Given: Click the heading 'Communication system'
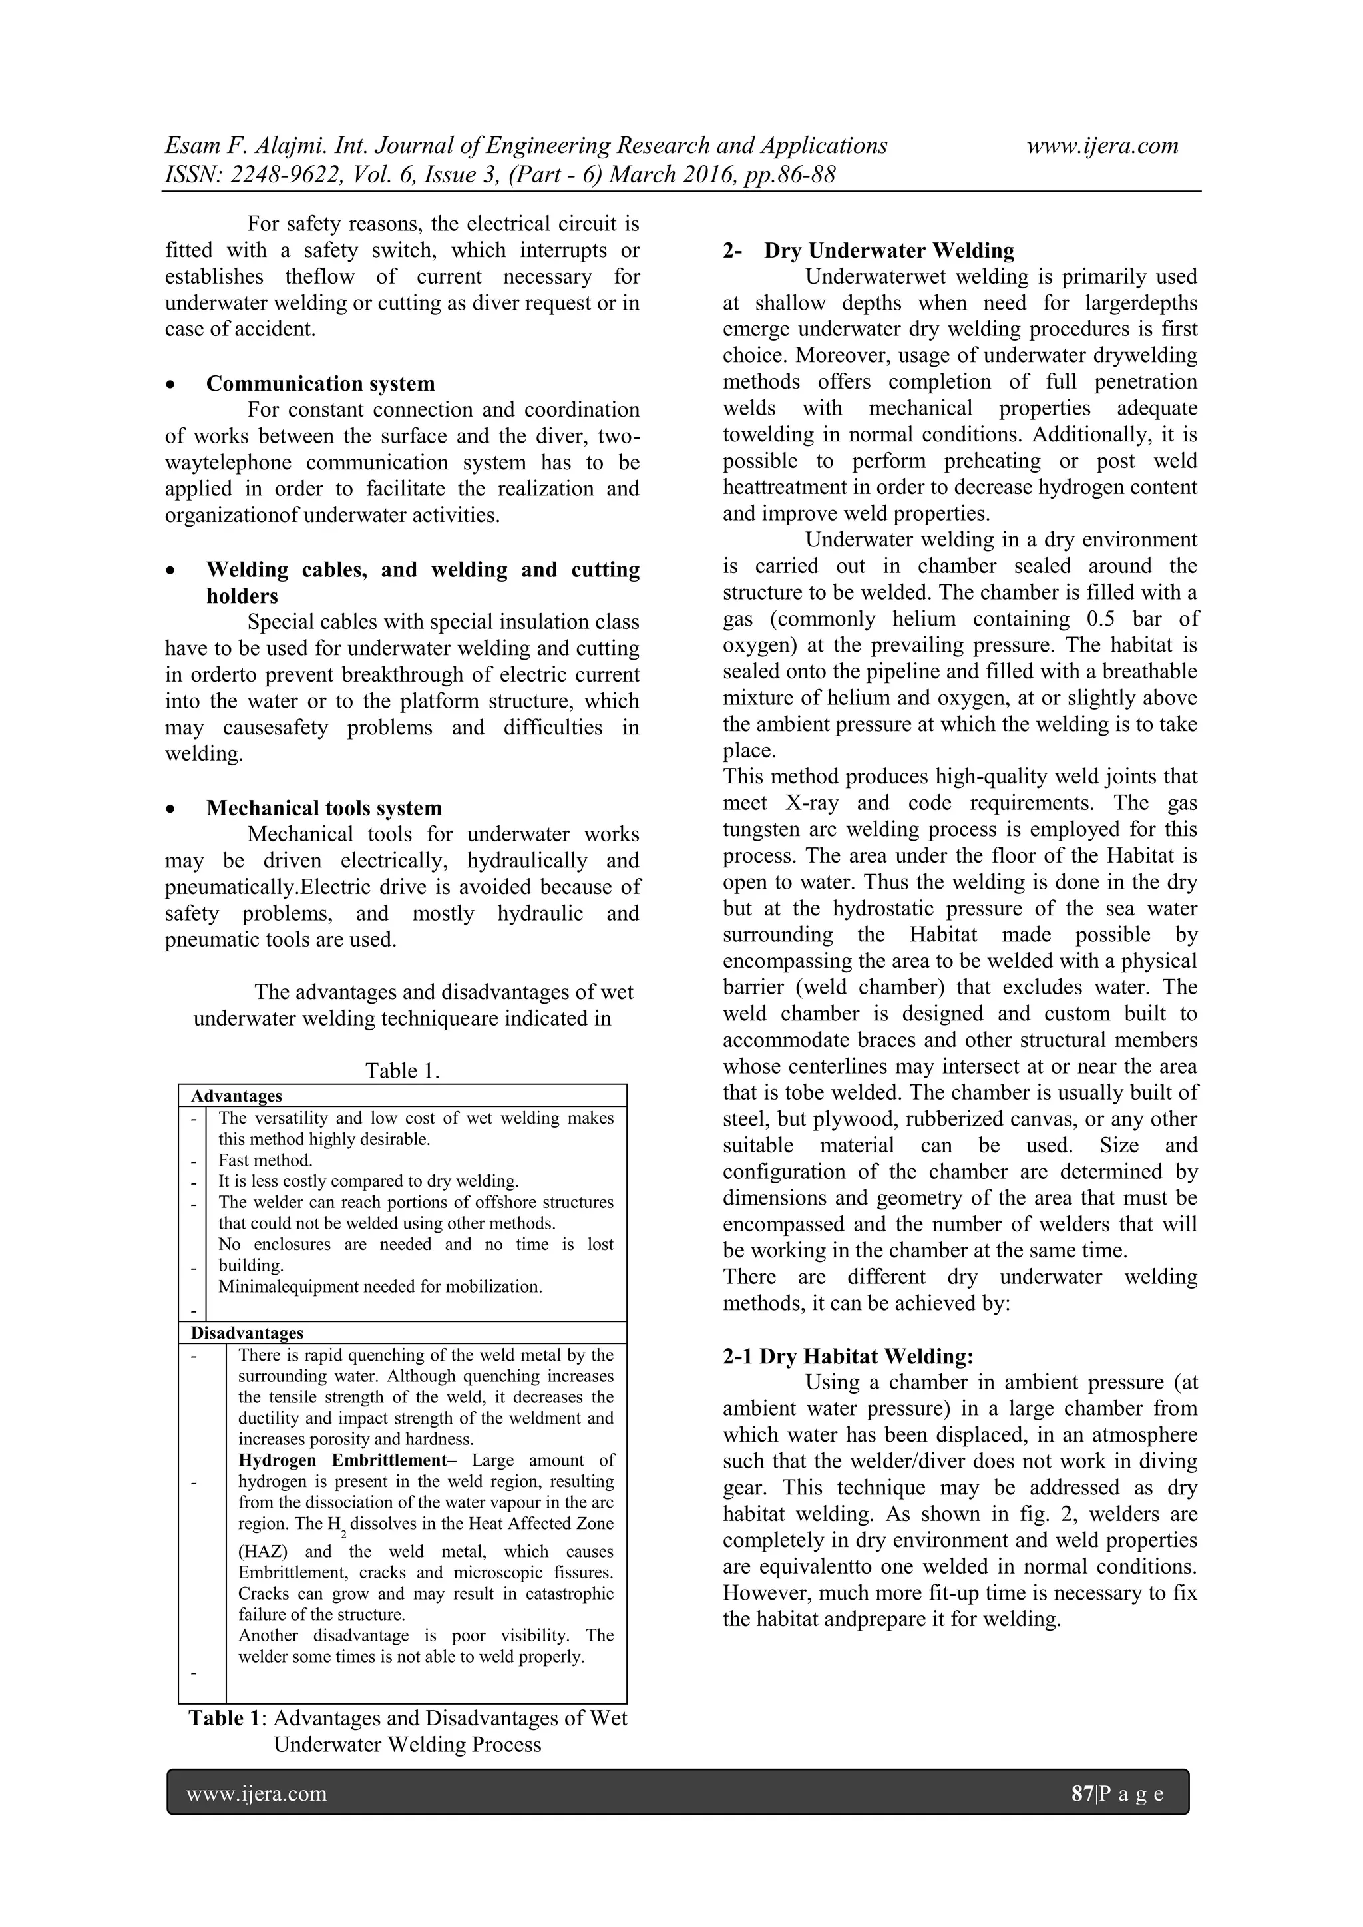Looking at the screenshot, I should click(321, 383).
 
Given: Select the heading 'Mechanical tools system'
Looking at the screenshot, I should click(324, 808).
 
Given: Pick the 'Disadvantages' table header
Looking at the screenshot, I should click(247, 1333).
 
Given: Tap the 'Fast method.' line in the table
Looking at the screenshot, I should click(266, 1160).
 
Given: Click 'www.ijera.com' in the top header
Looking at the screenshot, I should click(1102, 146).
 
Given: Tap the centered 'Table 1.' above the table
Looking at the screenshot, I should click(402, 1070).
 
